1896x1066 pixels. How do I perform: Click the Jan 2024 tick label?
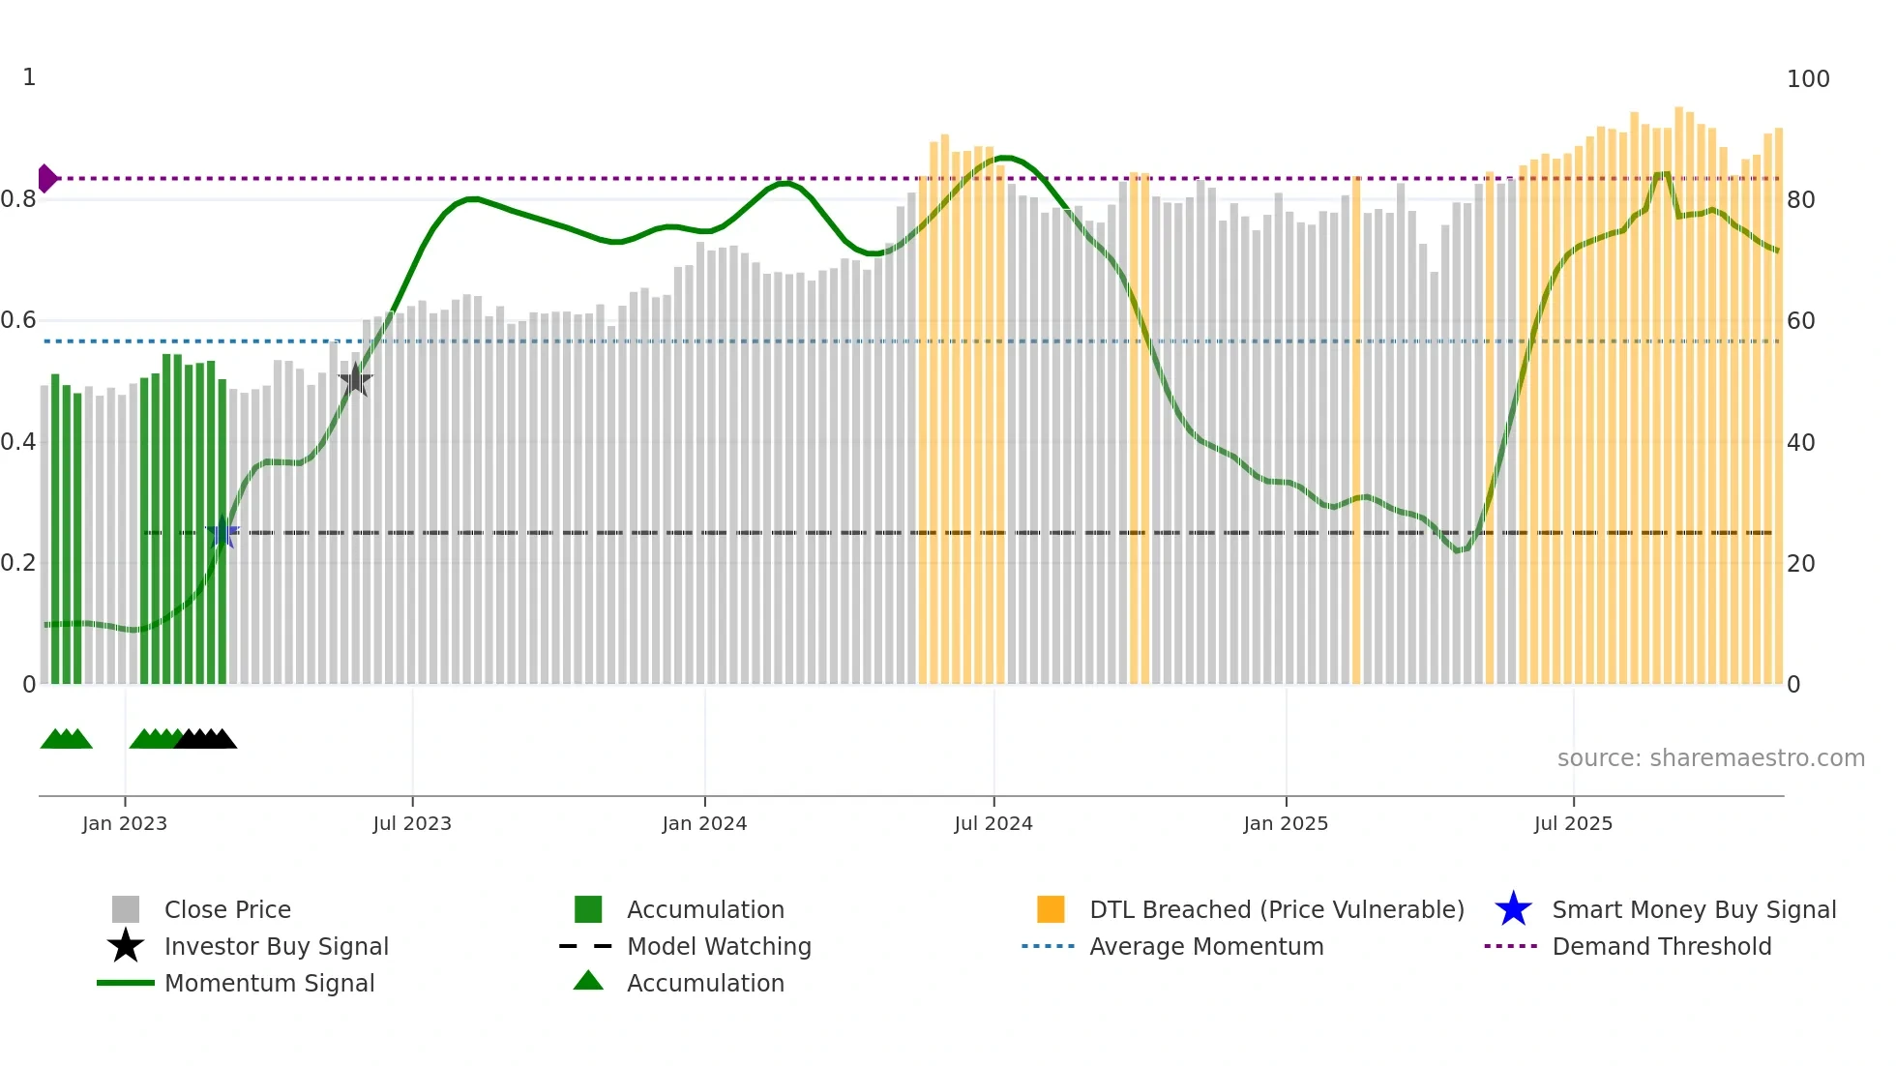coord(704,823)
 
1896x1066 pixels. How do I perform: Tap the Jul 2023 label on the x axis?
coord(412,823)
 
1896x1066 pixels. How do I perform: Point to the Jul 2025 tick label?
coord(1573,823)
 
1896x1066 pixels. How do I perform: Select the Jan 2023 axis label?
coord(125,823)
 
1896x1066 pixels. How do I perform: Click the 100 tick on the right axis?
coord(1807,79)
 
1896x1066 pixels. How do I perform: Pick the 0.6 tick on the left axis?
coord(18,320)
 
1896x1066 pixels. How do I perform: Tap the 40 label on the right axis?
coord(1800,443)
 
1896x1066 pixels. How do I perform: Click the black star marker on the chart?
coord(355,380)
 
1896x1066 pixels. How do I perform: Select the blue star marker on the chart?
coord(222,532)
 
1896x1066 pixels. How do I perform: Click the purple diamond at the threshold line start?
coord(46,178)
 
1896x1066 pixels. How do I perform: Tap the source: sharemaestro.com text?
coord(1710,757)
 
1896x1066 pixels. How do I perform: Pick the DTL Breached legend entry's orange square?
coord(1050,909)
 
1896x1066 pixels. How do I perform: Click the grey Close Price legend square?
coord(126,909)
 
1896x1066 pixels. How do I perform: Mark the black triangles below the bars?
coord(206,740)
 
